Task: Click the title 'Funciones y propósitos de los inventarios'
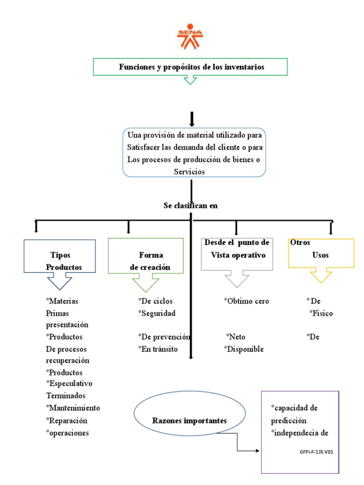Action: coord(191,67)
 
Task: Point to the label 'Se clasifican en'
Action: coord(190,206)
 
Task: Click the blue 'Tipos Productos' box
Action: coord(60,256)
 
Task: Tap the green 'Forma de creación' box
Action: coord(146,256)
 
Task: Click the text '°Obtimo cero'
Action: coord(246,301)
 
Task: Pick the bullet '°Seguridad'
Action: coord(157,313)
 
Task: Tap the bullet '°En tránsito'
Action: coord(158,349)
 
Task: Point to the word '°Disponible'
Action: coord(244,349)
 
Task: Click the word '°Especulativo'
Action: coord(69,383)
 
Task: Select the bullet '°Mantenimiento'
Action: coord(73,408)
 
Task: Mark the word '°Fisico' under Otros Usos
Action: coord(321,313)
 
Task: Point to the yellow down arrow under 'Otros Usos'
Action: coord(321,276)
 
